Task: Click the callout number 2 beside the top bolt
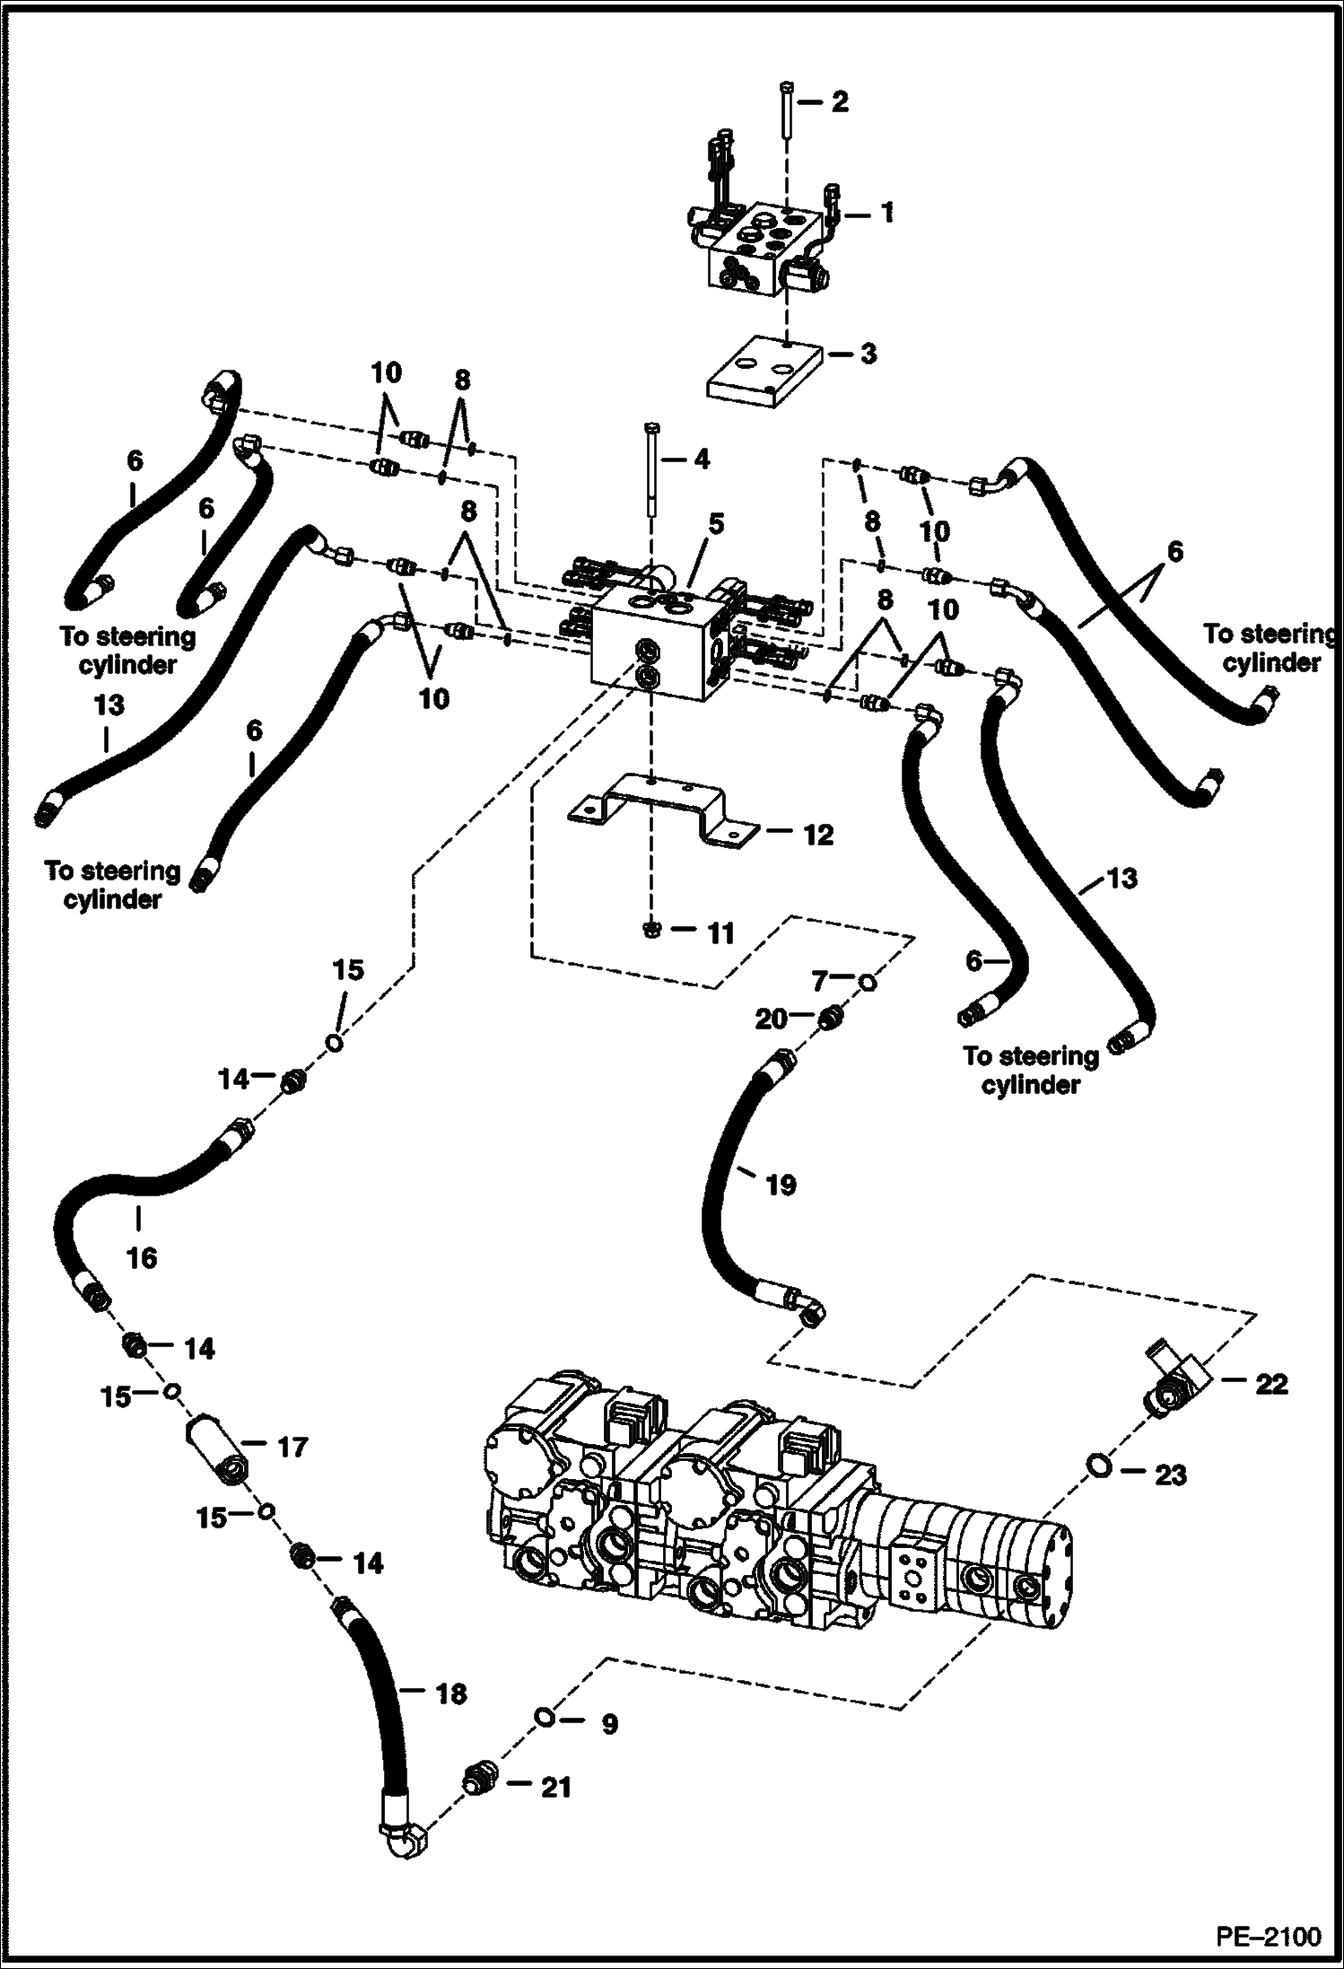(x=839, y=102)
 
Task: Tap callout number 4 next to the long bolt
(x=702, y=459)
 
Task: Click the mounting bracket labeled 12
(x=659, y=807)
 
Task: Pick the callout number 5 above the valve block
(x=715, y=522)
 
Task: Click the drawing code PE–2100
(x=1269, y=1935)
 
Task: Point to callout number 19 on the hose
(x=781, y=1185)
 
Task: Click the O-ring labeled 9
(x=544, y=1717)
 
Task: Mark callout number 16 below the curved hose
(x=142, y=1257)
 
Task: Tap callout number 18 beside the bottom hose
(x=451, y=1693)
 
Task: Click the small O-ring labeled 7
(x=868, y=983)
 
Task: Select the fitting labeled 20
(x=831, y=1018)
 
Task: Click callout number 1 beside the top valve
(x=886, y=214)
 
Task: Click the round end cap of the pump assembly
(x=1065, y=1566)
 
